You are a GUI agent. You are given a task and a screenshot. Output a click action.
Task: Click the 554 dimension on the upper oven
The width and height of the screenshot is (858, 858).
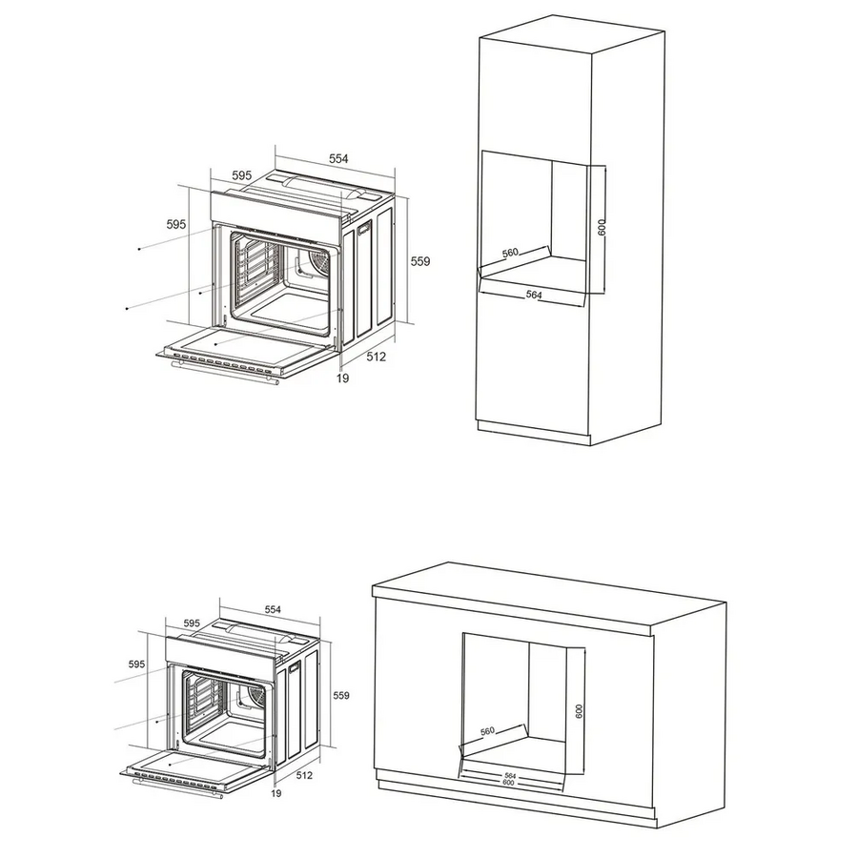click(338, 158)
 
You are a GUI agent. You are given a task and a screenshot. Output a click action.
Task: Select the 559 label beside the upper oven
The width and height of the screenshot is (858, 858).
click(420, 261)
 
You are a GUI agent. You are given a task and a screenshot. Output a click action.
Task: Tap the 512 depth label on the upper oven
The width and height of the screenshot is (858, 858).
click(376, 357)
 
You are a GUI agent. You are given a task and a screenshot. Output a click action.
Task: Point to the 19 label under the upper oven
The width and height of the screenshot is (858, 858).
click(342, 378)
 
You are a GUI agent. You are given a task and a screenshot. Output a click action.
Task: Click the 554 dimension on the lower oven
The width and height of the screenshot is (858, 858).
click(273, 609)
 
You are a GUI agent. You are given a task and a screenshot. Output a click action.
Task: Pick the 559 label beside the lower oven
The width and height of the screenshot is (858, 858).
click(341, 696)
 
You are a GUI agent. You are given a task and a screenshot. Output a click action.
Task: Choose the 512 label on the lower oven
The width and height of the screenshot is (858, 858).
click(304, 775)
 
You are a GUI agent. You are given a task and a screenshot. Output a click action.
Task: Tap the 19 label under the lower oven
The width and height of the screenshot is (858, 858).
click(276, 793)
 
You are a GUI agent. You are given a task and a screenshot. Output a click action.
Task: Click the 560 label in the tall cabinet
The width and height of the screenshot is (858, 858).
click(509, 253)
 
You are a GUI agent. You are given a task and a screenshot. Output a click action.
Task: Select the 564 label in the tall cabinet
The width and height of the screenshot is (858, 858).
click(534, 295)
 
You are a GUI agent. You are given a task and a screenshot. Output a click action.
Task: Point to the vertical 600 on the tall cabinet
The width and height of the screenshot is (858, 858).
click(602, 227)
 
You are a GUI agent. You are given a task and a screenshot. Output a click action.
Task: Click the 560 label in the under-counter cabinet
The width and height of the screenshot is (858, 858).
click(487, 730)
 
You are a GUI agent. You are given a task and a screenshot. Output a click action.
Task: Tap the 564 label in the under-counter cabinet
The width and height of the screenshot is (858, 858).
click(510, 776)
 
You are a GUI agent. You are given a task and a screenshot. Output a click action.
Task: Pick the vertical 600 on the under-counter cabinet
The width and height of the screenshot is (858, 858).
click(579, 711)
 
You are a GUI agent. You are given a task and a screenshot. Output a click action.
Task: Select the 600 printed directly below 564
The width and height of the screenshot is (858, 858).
click(509, 783)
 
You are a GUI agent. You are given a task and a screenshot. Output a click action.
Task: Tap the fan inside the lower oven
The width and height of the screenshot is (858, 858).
click(256, 695)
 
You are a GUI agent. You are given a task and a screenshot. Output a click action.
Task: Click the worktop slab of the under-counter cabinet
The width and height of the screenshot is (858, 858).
click(549, 599)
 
